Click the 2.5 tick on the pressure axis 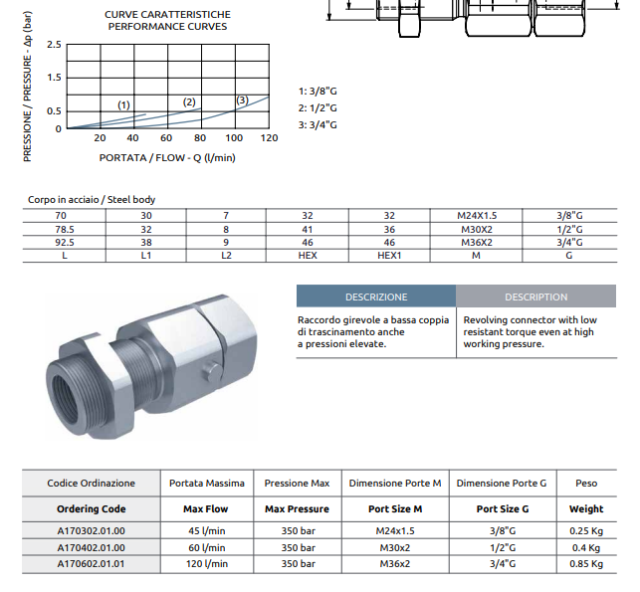pos(54,45)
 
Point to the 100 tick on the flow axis pos(234,138)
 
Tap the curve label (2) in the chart pos(189,102)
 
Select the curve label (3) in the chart pos(242,99)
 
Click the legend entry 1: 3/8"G pos(318,91)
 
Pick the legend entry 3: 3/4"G pos(318,124)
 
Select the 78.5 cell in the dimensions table pos(65,229)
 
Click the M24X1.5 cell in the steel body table pos(477,216)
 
